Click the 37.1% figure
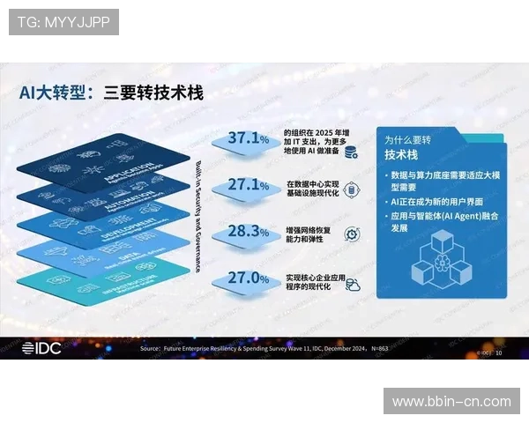[248, 138]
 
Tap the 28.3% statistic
[248, 231]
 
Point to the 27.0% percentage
[248, 278]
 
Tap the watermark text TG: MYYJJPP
[63, 21]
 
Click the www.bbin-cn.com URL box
[451, 402]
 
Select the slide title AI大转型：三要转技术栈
[111, 93]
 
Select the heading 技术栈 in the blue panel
[402, 154]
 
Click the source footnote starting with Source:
[264, 349]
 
